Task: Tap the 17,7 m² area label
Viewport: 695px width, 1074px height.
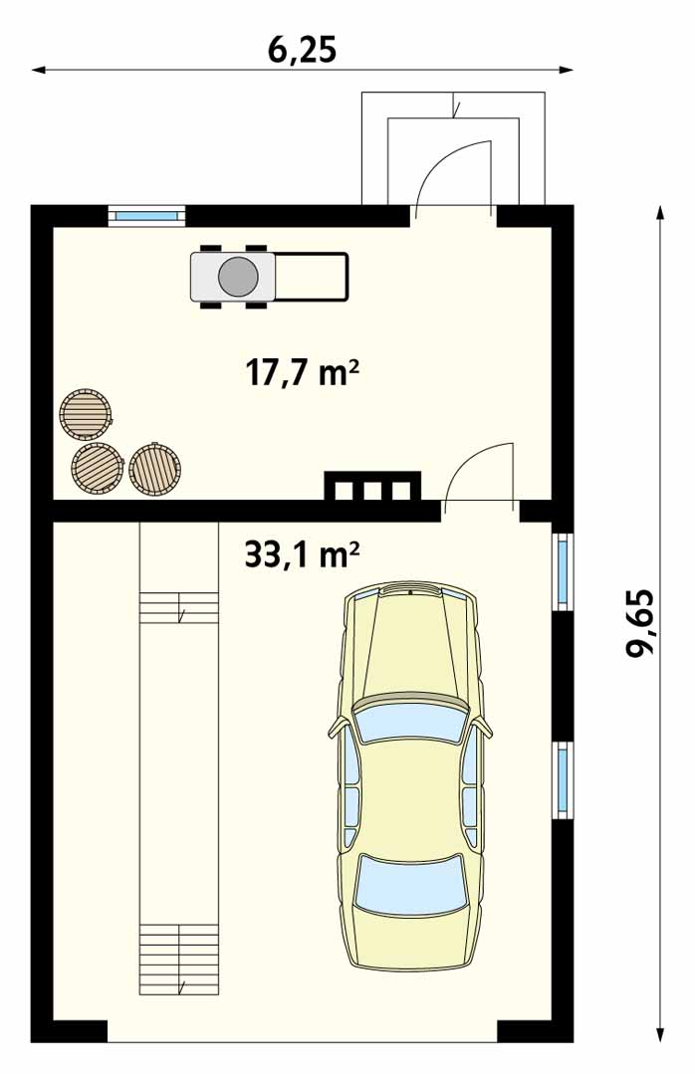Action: (x=302, y=374)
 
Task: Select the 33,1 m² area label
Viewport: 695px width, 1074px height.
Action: (x=302, y=555)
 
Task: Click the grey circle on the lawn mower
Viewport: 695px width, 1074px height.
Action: (x=238, y=277)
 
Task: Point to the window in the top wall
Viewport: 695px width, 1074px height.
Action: (x=146, y=215)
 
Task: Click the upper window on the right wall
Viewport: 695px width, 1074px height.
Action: (x=563, y=571)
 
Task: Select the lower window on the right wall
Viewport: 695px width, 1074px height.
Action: (x=563, y=779)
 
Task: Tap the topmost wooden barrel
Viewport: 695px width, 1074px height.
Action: (x=86, y=414)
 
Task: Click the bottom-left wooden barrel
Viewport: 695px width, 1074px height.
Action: (x=98, y=468)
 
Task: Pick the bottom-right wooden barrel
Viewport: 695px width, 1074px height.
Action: (x=154, y=469)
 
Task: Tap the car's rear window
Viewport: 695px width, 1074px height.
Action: (x=409, y=884)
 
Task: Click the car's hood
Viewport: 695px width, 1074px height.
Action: (x=409, y=644)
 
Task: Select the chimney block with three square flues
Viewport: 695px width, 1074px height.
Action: (x=372, y=488)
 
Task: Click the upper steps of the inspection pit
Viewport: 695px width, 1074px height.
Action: (x=179, y=608)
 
